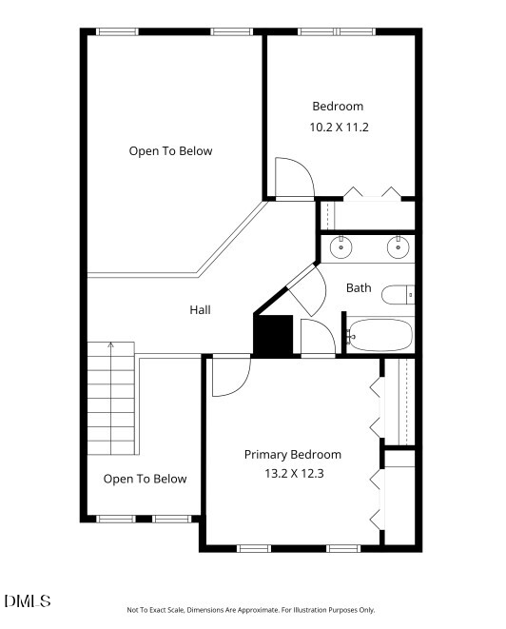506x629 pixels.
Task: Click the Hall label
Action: click(200, 309)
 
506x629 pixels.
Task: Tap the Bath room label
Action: click(359, 287)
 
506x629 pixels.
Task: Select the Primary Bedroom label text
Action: click(293, 455)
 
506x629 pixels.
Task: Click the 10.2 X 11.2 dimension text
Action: click(339, 128)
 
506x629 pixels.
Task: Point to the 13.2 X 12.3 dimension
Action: click(294, 473)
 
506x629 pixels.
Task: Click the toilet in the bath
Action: click(398, 295)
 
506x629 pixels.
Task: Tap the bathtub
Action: click(379, 335)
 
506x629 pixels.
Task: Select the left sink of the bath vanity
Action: click(341, 246)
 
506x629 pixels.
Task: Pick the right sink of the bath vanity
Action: click(399, 246)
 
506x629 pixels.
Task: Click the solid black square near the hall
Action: click(273, 334)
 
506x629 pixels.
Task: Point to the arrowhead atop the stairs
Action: click(111, 344)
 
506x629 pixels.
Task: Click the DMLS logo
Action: click(28, 600)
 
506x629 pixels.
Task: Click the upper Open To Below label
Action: click(170, 151)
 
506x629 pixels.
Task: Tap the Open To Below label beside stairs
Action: click(145, 479)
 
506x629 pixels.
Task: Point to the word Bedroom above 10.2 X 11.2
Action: click(338, 107)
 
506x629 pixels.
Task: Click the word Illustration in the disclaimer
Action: click(310, 610)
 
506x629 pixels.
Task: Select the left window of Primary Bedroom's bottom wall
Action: click(254, 548)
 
